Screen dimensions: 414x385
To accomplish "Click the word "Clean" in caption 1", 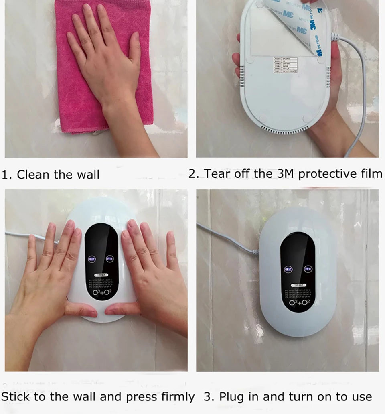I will pos(32,175).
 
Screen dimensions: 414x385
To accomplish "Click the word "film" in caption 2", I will pos(371,174).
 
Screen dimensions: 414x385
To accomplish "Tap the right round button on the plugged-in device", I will pos(308,269).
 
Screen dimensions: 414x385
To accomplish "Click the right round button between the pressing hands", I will pos(111,259).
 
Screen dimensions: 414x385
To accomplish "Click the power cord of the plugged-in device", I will pos(229,239).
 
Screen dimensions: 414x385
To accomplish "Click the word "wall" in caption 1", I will pos(89,175).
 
